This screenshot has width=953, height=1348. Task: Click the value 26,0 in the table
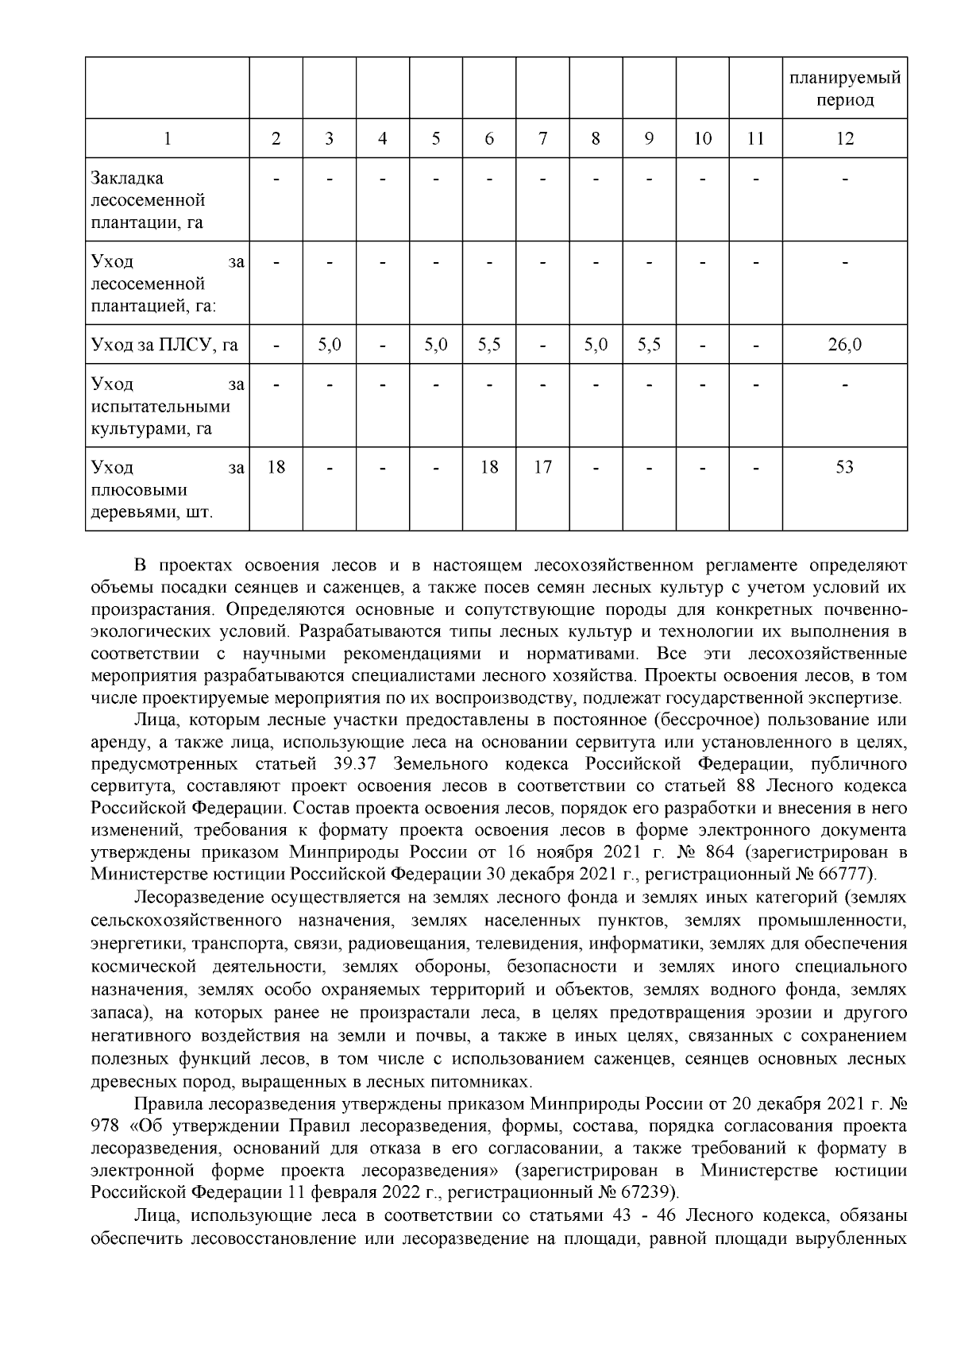(844, 345)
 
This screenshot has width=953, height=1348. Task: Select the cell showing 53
(844, 467)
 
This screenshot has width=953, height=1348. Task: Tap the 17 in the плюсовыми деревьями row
(542, 467)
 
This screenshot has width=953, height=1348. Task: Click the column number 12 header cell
(844, 139)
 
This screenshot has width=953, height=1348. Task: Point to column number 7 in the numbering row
(542, 139)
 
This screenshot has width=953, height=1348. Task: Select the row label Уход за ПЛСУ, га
(164, 345)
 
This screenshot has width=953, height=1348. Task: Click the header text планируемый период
(844, 89)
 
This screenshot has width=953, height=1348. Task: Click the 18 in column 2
(276, 467)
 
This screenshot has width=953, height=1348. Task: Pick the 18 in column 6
(489, 467)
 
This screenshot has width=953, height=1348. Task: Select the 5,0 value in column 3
(329, 345)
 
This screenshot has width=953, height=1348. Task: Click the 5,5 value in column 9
(649, 345)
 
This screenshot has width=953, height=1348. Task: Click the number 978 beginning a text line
(105, 1126)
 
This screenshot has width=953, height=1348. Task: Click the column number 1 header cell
(167, 139)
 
